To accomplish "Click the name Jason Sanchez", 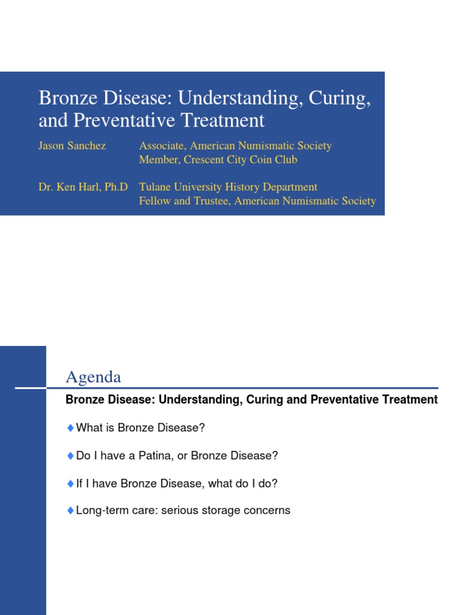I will [72, 146].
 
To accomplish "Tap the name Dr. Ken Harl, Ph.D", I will [83, 187].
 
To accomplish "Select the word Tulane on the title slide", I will [156, 187].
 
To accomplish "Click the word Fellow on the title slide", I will [155, 201].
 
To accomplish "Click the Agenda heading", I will [93, 377].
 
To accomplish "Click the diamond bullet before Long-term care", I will [70, 510].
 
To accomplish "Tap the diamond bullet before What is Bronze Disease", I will [70, 428].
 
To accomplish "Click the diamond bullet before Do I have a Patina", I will [70, 456].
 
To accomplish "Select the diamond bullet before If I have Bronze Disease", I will [70, 483].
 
